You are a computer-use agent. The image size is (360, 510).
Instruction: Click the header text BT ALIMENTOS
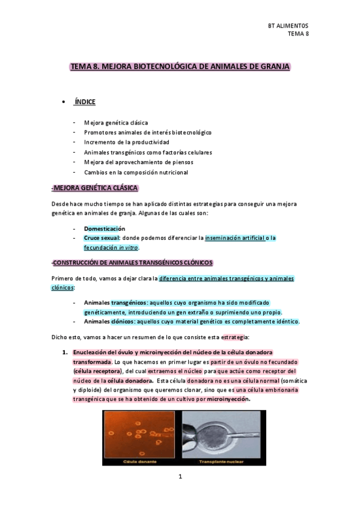point(288,26)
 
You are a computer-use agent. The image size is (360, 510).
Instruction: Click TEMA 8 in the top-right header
point(298,34)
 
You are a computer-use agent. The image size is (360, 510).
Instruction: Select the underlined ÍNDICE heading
point(85,102)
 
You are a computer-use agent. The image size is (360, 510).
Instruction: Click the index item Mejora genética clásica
point(116,123)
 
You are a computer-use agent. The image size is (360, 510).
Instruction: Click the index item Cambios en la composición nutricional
point(136,172)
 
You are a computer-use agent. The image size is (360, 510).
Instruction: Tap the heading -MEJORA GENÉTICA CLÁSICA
point(95,188)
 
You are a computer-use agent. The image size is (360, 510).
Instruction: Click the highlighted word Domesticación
point(105,229)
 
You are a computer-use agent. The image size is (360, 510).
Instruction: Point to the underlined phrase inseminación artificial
point(235,238)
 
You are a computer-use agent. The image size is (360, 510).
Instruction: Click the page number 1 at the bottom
point(180,477)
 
